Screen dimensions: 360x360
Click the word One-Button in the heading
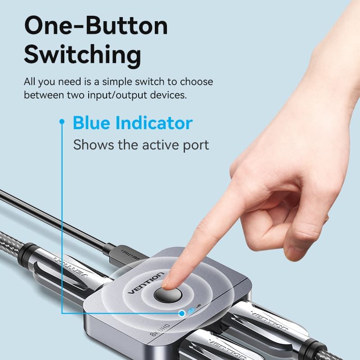(x=95, y=27)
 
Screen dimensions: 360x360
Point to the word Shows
(x=92, y=145)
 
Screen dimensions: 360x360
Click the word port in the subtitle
(x=195, y=146)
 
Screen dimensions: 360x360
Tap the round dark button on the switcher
(x=167, y=295)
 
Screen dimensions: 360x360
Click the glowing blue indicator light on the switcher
(x=192, y=311)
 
